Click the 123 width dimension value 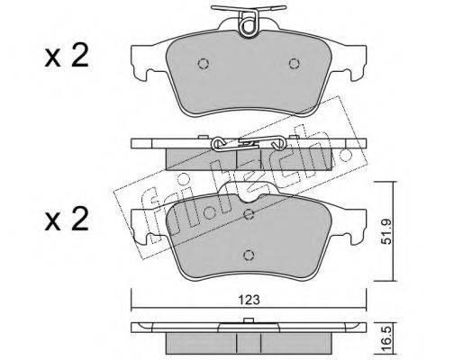pyautogui.click(x=249, y=300)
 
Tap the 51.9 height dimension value pyautogui.click(x=386, y=231)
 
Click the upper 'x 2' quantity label pyautogui.click(x=67, y=56)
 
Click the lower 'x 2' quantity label pyautogui.click(x=67, y=220)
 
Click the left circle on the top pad pyautogui.click(x=204, y=64)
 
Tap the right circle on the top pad pyautogui.click(x=295, y=64)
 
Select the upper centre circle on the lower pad pyautogui.click(x=249, y=214)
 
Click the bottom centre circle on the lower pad pyautogui.click(x=249, y=256)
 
